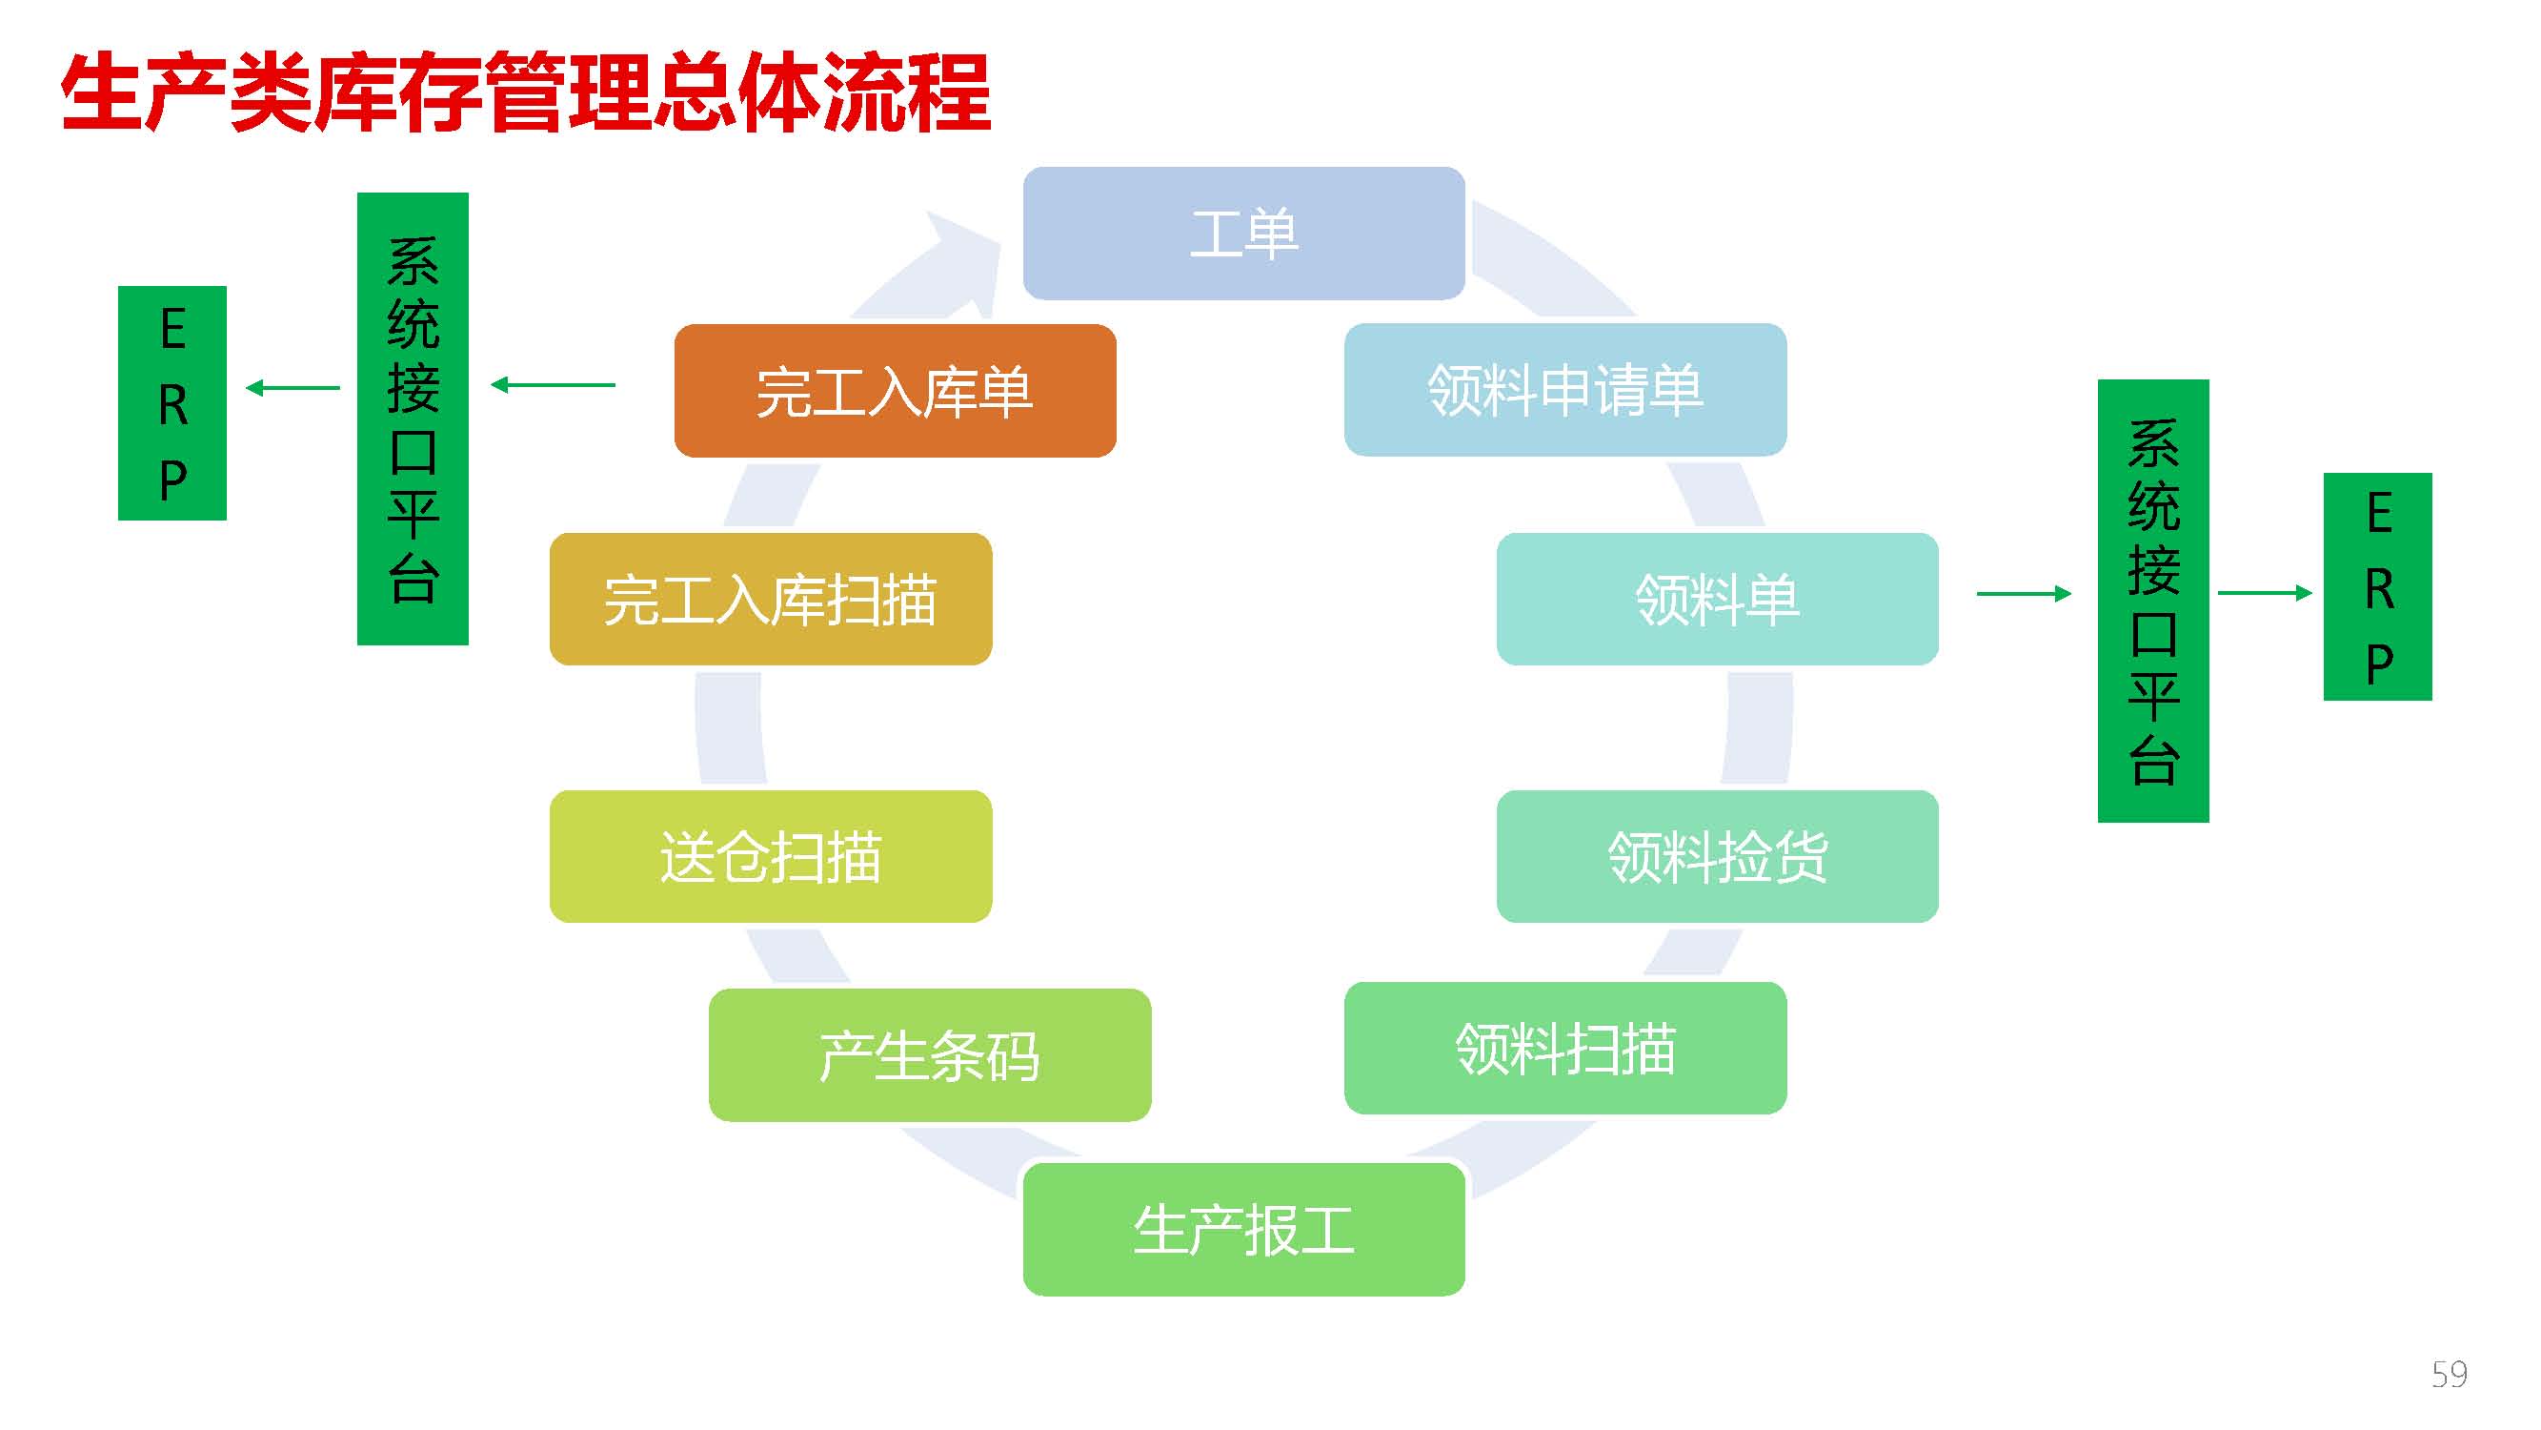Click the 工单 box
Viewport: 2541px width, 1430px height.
pos(1244,233)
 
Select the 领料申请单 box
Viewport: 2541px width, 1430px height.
pos(1565,390)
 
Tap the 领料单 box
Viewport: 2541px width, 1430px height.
pos(1718,599)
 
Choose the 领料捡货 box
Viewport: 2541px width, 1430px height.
pos(1718,857)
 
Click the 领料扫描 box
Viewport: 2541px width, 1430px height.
pos(1565,1048)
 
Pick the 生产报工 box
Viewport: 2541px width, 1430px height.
pos(1244,1230)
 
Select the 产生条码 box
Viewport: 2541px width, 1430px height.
pos(930,1055)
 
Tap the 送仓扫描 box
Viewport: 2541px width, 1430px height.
pos(771,857)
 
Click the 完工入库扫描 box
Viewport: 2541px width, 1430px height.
pos(771,599)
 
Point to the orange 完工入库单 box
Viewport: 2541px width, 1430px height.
pos(896,391)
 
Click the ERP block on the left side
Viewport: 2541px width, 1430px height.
pos(172,402)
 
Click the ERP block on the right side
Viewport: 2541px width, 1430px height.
pos(2378,587)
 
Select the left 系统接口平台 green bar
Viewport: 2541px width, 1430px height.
pos(413,419)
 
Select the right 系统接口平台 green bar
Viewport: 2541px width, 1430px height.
pos(2153,601)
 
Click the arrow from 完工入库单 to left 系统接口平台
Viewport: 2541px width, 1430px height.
pos(554,385)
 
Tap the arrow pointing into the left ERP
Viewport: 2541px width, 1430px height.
pos(292,388)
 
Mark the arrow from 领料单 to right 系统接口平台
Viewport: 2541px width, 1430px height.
pos(2024,593)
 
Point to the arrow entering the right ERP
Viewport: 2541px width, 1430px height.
pos(2265,592)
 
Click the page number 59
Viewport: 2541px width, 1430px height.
pos(2450,1375)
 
